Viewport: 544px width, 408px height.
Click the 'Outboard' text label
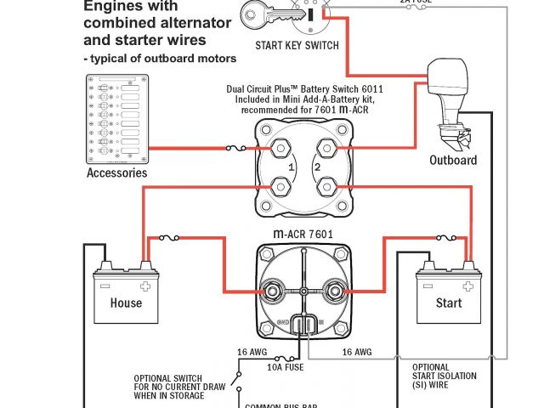pyautogui.click(x=453, y=160)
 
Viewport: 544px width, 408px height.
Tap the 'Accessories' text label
pyautogui.click(x=116, y=173)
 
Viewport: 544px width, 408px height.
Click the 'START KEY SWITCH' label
pyautogui.click(x=297, y=45)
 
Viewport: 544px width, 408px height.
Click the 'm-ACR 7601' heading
pyautogui.click(x=303, y=235)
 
